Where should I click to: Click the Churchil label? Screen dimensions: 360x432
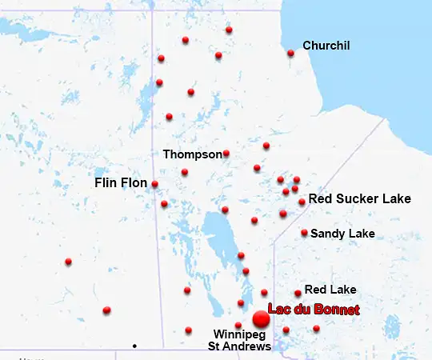point(326,46)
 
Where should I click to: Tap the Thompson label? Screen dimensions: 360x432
point(192,154)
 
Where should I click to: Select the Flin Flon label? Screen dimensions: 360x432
point(121,183)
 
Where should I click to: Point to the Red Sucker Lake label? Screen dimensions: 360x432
point(359,198)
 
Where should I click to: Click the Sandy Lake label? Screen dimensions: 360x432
point(342,234)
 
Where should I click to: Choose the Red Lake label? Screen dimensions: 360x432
point(330,290)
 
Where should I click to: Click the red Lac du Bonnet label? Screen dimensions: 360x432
point(314,310)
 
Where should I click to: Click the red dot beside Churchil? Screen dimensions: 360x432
point(290,54)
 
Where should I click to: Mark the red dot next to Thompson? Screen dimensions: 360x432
point(226,153)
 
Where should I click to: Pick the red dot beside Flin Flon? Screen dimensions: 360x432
point(154,184)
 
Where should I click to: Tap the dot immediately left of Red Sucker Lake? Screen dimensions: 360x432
point(302,202)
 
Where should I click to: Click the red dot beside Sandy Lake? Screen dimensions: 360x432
point(304,233)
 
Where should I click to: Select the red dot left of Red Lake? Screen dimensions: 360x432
point(298,293)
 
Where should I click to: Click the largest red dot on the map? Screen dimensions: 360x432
point(261,318)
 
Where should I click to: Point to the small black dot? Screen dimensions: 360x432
point(134,346)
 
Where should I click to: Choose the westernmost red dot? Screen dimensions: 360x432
point(68,262)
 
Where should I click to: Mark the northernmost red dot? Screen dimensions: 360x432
point(229,30)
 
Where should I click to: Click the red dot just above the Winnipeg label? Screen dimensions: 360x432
point(238,325)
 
